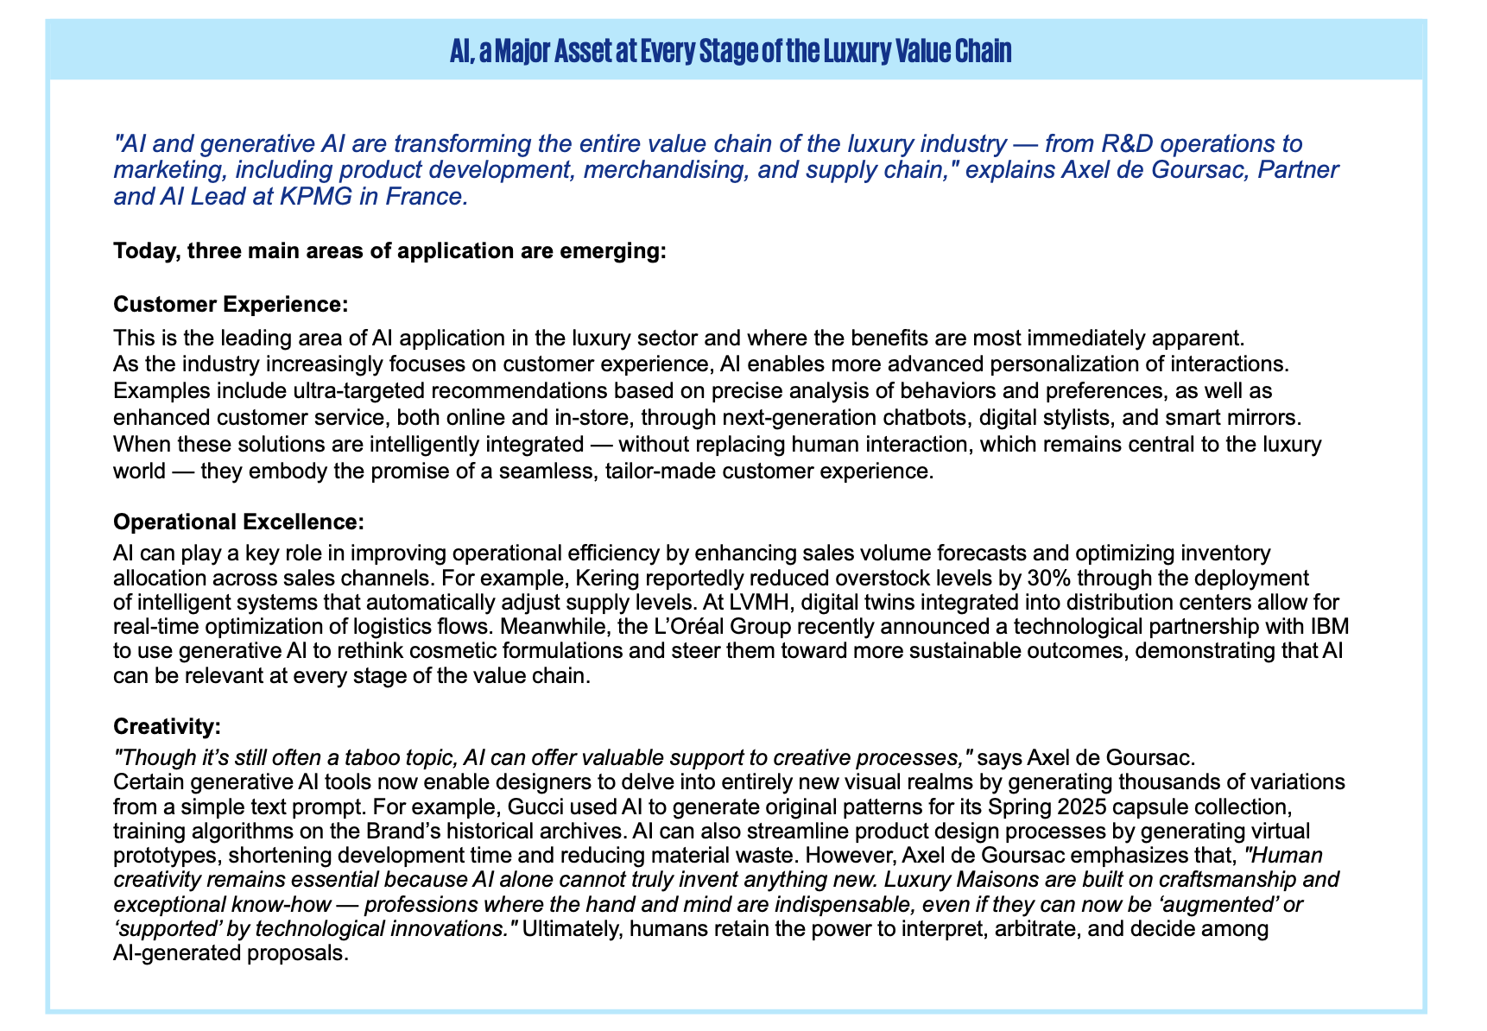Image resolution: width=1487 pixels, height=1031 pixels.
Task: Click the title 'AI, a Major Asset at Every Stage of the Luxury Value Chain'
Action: pyautogui.click(x=731, y=52)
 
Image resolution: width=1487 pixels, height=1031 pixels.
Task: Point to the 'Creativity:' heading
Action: pyautogui.click(x=168, y=727)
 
